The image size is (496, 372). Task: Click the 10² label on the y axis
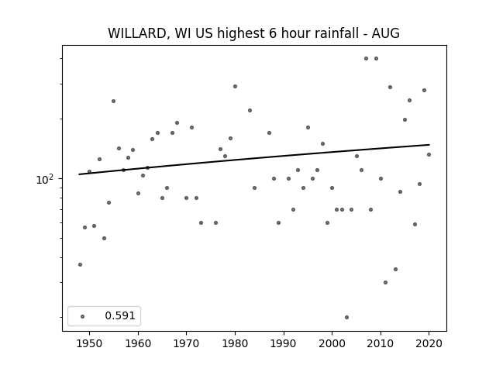[45, 179]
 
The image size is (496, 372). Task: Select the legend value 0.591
[120, 315]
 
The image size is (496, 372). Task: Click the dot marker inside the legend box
[83, 316]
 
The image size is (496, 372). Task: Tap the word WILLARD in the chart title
[137, 33]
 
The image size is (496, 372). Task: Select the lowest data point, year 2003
[346, 317]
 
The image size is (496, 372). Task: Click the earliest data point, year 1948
[80, 264]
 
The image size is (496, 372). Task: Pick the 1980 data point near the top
[235, 86]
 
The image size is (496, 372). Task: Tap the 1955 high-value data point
[114, 102]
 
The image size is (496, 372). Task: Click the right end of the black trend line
[429, 145]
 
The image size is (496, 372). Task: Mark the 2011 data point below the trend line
[385, 282]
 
